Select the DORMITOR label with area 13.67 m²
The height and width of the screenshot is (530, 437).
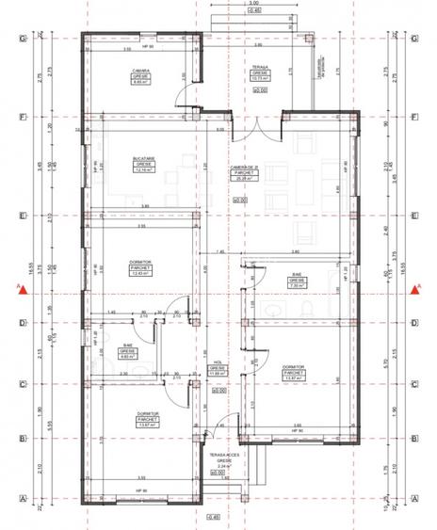pos(141,421)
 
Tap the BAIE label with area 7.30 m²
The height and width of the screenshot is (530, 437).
pos(296,279)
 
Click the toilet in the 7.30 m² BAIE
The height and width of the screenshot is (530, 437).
pos(307,310)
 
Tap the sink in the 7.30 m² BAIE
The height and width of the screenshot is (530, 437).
pos(272,310)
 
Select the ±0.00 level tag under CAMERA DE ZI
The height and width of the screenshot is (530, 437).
pos(240,200)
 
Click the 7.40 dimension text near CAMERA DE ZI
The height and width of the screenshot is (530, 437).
pos(218,252)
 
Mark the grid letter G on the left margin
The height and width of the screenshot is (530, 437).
pos(21,39)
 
